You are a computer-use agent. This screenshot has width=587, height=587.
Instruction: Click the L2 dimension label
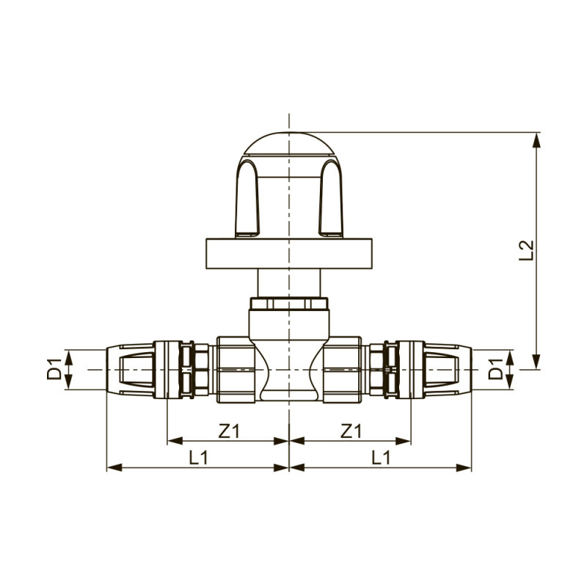point(526,250)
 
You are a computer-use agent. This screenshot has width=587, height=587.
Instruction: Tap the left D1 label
point(54,369)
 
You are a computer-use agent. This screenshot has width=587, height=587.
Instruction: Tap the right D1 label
point(496,369)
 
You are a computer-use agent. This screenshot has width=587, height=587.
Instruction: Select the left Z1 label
point(229,431)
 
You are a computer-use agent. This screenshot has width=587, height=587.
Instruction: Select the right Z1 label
point(351,431)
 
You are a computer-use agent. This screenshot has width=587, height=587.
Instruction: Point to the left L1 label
point(198,457)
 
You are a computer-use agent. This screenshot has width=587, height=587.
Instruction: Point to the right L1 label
point(381,457)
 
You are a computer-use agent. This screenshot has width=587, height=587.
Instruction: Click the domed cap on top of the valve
point(289,143)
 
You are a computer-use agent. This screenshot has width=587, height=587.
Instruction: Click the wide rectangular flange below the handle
point(289,253)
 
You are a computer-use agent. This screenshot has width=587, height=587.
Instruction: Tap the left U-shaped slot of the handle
point(247,198)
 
